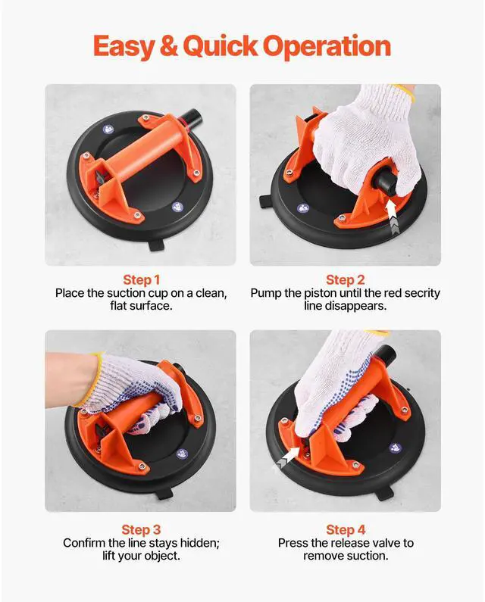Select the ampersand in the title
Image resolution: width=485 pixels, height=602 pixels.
[x=171, y=47]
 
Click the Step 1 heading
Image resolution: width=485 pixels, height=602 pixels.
[x=141, y=279]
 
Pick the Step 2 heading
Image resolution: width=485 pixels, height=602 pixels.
[x=345, y=279]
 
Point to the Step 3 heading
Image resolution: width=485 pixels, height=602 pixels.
[x=141, y=530]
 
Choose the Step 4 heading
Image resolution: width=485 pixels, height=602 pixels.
[x=345, y=530]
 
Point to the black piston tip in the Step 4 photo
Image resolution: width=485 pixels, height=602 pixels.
[x=386, y=354]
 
